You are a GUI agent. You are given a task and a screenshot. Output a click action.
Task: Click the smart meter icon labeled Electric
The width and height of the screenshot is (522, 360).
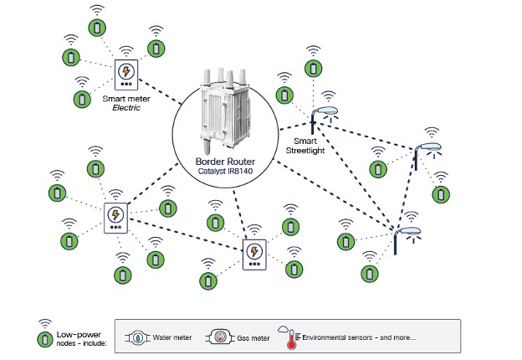coord(126,75)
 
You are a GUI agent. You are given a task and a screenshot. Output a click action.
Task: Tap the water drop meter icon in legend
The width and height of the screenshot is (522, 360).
coord(137,338)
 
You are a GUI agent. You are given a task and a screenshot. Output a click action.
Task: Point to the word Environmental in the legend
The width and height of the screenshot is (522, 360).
coord(331,338)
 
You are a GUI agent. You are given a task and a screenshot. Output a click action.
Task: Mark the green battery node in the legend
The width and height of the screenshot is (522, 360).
coord(43,340)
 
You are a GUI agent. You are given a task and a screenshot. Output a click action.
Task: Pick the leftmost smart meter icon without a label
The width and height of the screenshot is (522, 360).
coord(115,218)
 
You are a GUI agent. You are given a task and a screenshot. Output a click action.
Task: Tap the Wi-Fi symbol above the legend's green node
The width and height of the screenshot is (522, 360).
coord(43,325)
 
